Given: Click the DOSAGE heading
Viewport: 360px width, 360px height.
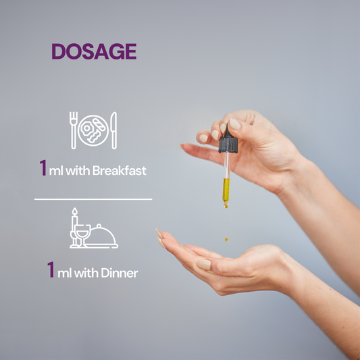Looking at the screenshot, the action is click(x=94, y=51).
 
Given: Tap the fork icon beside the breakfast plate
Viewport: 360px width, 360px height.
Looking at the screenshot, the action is click(x=74, y=130).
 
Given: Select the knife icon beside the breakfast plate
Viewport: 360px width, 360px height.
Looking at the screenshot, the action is click(x=114, y=130).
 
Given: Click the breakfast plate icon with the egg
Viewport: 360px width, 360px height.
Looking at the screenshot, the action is click(x=93, y=130).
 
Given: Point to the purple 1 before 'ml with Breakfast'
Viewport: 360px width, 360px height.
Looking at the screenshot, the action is click(x=43, y=168).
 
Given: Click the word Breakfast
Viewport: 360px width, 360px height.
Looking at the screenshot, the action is click(x=120, y=170).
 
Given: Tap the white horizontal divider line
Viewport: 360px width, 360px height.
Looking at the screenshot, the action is click(x=93, y=199).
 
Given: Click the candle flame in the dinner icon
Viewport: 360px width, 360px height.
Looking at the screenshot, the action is click(x=74, y=211).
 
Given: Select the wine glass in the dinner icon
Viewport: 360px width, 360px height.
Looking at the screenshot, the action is click(x=83, y=235).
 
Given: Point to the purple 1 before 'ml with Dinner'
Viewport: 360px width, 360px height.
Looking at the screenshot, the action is click(x=51, y=269).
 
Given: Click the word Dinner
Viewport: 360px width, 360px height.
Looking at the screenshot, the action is click(x=120, y=273).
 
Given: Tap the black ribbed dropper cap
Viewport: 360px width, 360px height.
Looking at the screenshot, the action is click(x=228, y=145).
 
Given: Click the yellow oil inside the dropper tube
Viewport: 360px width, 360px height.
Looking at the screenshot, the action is click(x=226, y=189).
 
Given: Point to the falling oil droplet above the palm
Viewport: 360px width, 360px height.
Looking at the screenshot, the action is click(x=227, y=240).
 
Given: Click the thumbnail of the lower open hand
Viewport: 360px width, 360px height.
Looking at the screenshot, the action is click(x=204, y=265).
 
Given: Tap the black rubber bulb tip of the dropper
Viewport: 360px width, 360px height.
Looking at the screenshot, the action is click(x=228, y=131).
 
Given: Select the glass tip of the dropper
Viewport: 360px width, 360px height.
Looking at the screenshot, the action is click(x=226, y=205).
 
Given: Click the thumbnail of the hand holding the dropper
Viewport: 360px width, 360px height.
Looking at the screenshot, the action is click(x=234, y=124).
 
